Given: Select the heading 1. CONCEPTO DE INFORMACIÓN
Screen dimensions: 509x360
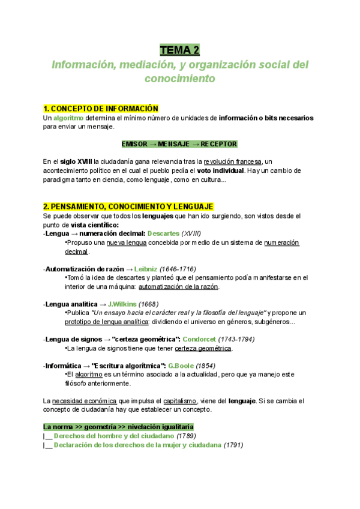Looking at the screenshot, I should (100, 109).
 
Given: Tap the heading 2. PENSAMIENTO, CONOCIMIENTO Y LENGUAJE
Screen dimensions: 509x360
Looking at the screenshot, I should (129, 206).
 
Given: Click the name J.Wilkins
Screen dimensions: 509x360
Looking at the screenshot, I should (122, 304).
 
